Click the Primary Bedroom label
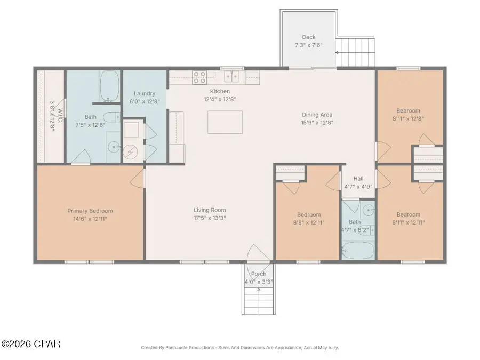90,211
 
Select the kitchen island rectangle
225,122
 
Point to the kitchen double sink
232,77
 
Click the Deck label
309,37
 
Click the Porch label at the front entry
259,274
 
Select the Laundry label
145,93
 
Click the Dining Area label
317,115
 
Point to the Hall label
359,180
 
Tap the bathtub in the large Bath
110,88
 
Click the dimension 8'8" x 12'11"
309,223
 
